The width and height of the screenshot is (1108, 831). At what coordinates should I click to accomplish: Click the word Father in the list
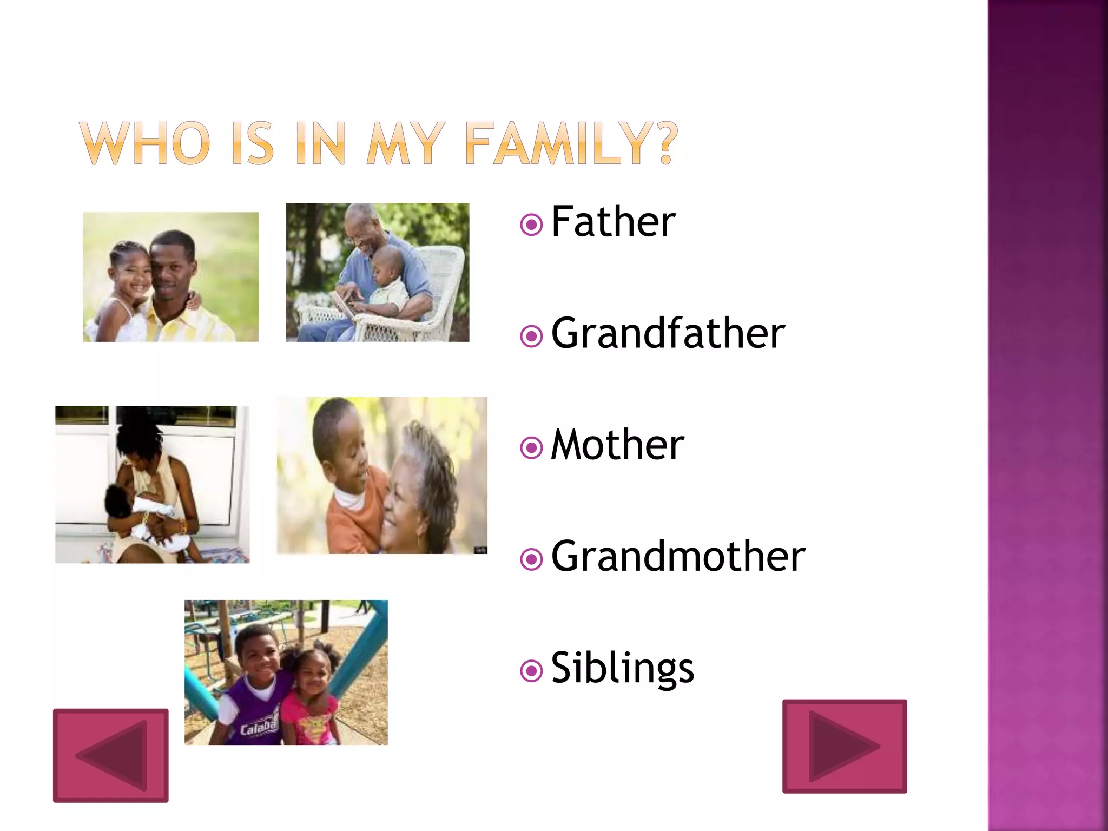pyautogui.click(x=613, y=222)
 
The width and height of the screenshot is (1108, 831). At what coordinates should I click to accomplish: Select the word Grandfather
pyautogui.click(x=668, y=333)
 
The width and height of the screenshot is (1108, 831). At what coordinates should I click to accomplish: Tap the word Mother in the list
pyautogui.click(x=617, y=445)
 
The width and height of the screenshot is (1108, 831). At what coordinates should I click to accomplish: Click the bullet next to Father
pyautogui.click(x=531, y=225)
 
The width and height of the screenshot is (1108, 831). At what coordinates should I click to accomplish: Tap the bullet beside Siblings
pyautogui.click(x=531, y=671)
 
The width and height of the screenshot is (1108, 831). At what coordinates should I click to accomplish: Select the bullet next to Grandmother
pyautogui.click(x=531, y=559)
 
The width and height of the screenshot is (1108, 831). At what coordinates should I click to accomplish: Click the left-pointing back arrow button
pyautogui.click(x=111, y=755)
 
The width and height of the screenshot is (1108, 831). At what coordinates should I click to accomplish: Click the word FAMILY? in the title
pyautogui.click(x=571, y=143)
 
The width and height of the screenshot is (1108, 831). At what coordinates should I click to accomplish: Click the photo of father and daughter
pyautogui.click(x=170, y=276)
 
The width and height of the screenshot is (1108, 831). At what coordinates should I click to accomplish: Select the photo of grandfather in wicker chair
pyautogui.click(x=378, y=272)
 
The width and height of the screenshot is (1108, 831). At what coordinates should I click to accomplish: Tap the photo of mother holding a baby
pyautogui.click(x=152, y=485)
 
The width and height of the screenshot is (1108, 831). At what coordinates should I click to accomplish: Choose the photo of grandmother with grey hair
pyautogui.click(x=382, y=476)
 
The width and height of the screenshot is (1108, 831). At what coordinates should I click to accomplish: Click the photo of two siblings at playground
pyautogui.click(x=286, y=672)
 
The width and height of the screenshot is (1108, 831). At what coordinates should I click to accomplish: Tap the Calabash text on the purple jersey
pyautogui.click(x=259, y=727)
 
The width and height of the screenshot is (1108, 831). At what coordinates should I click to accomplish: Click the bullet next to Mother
pyautogui.click(x=531, y=448)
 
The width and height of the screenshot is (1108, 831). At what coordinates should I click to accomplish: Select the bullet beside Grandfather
pyautogui.click(x=531, y=337)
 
